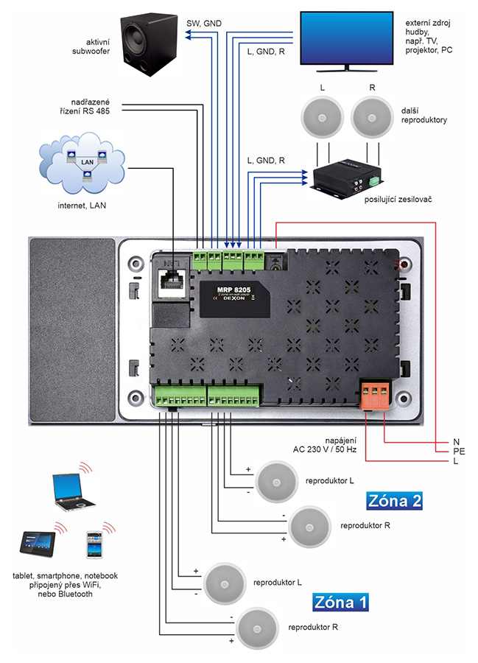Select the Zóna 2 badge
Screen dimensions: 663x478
pos(394,502)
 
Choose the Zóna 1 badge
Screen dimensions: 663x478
pos(340,602)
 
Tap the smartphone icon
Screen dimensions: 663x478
pos(93,546)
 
